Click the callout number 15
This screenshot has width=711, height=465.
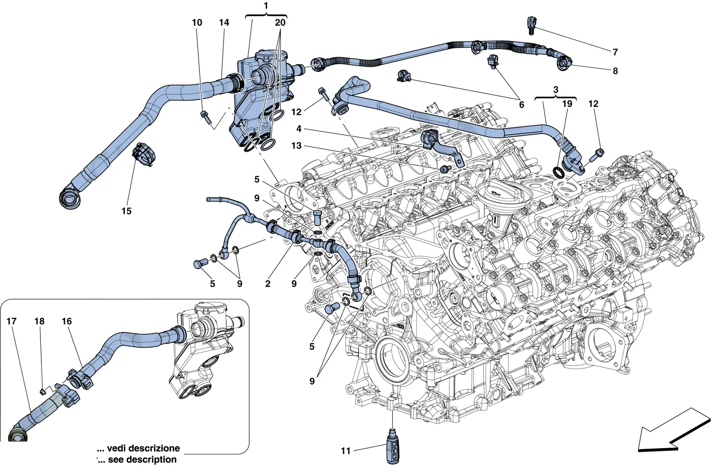[x=126, y=211]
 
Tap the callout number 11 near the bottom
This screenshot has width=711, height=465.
[x=345, y=451]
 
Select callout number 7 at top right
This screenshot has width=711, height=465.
[x=615, y=52]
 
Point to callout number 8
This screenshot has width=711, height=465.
[x=615, y=71]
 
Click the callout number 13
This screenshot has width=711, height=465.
[x=296, y=146]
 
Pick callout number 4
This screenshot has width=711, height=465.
[x=299, y=128]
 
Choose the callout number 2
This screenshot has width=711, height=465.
[x=268, y=284]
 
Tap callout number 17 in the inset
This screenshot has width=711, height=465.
[x=12, y=321]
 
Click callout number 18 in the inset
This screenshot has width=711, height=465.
[x=40, y=321]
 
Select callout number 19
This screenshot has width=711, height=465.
[x=567, y=104]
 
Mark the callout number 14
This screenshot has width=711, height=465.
[x=224, y=23]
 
